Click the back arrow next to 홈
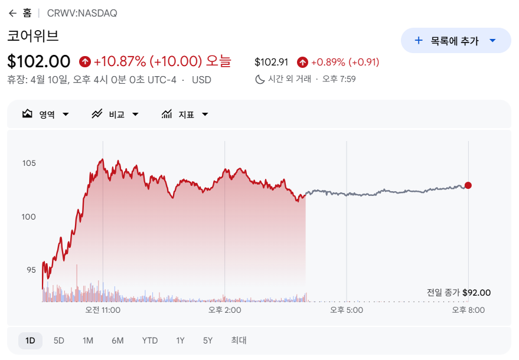click(x=12, y=13)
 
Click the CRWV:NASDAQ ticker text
click(x=82, y=13)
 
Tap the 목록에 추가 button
click(x=455, y=41)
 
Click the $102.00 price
click(x=39, y=61)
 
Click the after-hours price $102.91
click(x=271, y=62)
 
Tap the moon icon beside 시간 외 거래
click(x=260, y=79)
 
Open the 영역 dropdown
click(x=46, y=114)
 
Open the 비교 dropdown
click(x=115, y=114)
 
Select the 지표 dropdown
click(x=185, y=114)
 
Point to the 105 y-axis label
click(x=29, y=163)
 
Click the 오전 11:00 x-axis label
click(x=103, y=310)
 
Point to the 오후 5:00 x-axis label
click(x=347, y=310)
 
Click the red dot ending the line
click(x=468, y=185)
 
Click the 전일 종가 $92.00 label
click(x=459, y=293)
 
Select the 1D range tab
click(x=30, y=341)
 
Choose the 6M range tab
click(x=117, y=341)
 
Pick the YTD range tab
click(x=150, y=341)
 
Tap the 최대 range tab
click(x=239, y=341)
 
